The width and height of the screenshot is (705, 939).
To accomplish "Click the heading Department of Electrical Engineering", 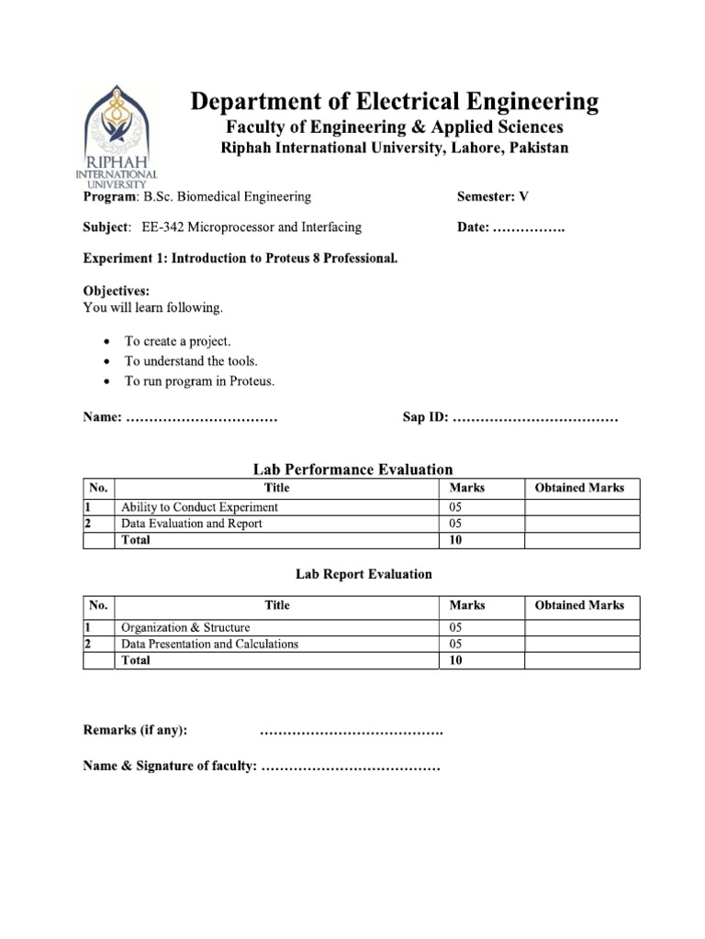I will (395, 101).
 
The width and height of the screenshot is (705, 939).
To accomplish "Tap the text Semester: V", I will (493, 196).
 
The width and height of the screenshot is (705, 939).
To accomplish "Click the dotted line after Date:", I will (529, 227).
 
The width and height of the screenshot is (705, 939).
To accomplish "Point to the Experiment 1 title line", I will (241, 259).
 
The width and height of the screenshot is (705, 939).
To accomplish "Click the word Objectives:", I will (117, 291).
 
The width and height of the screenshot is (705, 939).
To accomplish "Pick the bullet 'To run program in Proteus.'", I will (199, 381).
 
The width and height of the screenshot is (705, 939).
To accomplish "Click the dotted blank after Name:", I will (201, 418).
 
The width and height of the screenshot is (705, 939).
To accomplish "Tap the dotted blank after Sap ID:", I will (535, 418).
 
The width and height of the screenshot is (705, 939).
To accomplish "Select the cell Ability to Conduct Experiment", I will (199, 507).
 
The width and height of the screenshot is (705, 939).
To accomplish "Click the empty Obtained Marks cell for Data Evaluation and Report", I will (581, 524).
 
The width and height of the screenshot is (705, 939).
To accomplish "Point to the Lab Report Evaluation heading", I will (363, 574).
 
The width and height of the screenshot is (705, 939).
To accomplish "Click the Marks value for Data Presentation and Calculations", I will (456, 644).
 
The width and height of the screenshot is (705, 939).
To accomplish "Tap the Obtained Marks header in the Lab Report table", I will (579, 605).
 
